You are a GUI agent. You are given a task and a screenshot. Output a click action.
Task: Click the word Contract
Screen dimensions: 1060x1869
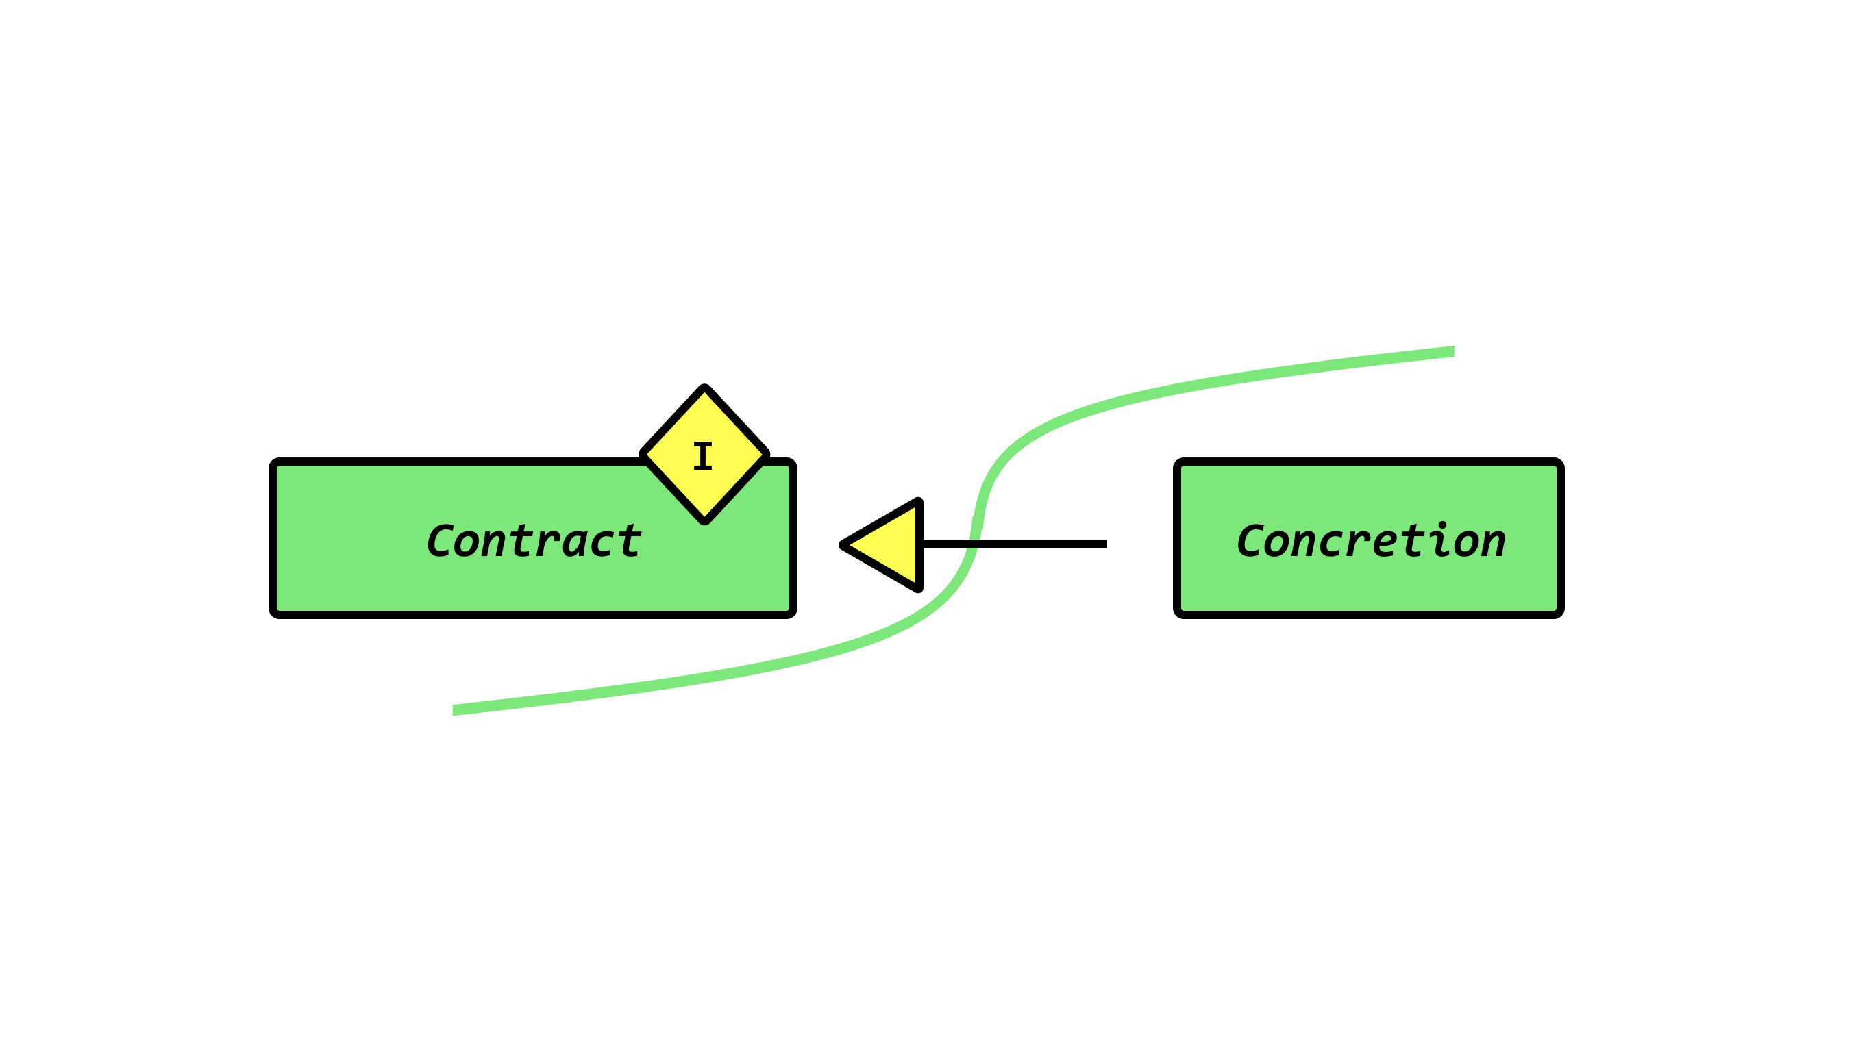coord(533,541)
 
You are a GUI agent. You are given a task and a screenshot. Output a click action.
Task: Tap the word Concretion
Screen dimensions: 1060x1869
coord(1370,541)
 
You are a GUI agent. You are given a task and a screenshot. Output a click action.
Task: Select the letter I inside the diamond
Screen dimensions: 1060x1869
coord(703,456)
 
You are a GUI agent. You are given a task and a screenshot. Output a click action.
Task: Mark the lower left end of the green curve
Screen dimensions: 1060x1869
coord(455,710)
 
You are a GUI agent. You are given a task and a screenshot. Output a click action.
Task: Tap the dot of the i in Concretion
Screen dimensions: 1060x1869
coord(1442,524)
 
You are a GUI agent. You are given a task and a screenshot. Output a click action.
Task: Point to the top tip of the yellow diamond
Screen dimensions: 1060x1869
coord(704,388)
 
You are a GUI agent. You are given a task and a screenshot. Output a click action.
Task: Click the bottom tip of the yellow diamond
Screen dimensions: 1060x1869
coord(704,520)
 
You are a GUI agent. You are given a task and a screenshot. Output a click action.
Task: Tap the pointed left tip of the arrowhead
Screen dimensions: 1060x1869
coord(843,544)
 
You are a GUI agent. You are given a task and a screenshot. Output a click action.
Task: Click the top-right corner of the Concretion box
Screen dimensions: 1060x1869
coord(1559,462)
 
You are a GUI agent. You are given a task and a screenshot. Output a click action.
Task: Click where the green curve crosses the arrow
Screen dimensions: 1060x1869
coord(974,544)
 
